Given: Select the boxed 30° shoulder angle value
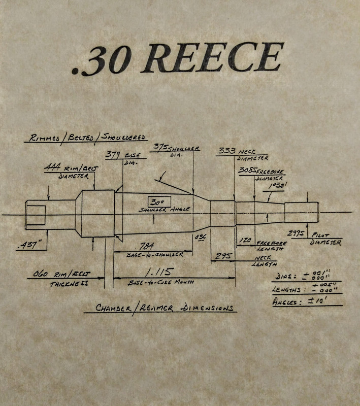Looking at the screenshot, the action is click(156, 201).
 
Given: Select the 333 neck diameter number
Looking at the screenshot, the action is click(226, 151).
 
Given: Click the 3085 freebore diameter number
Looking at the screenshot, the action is click(248, 171).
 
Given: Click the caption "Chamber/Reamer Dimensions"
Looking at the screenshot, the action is click(158, 308).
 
